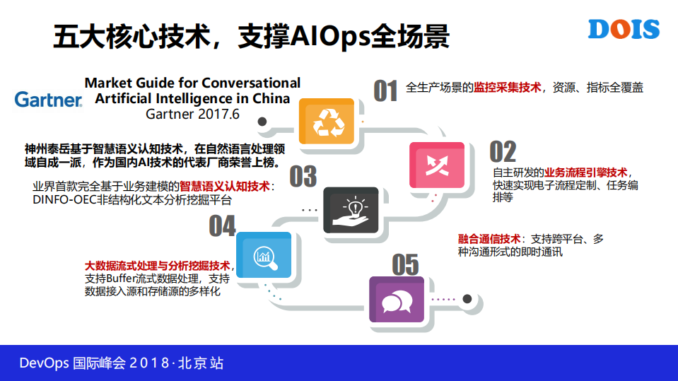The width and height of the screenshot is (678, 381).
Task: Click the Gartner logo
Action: pyautogui.click(x=48, y=100)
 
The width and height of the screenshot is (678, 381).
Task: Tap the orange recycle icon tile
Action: pyautogui.click(x=327, y=122)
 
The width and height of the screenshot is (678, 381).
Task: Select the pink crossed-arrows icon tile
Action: pyautogui.click(x=436, y=165)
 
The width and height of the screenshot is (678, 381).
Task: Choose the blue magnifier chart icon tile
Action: pyautogui.click(x=263, y=254)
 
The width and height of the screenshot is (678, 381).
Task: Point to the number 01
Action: pyautogui.click(x=385, y=91)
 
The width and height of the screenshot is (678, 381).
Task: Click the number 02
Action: pyautogui.click(x=503, y=151)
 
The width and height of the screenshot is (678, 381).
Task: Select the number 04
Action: pyautogui.click(x=222, y=226)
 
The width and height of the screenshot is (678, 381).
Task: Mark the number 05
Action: pyautogui.click(x=405, y=265)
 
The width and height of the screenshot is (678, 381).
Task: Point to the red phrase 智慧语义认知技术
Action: pyautogui.click(x=226, y=187)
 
